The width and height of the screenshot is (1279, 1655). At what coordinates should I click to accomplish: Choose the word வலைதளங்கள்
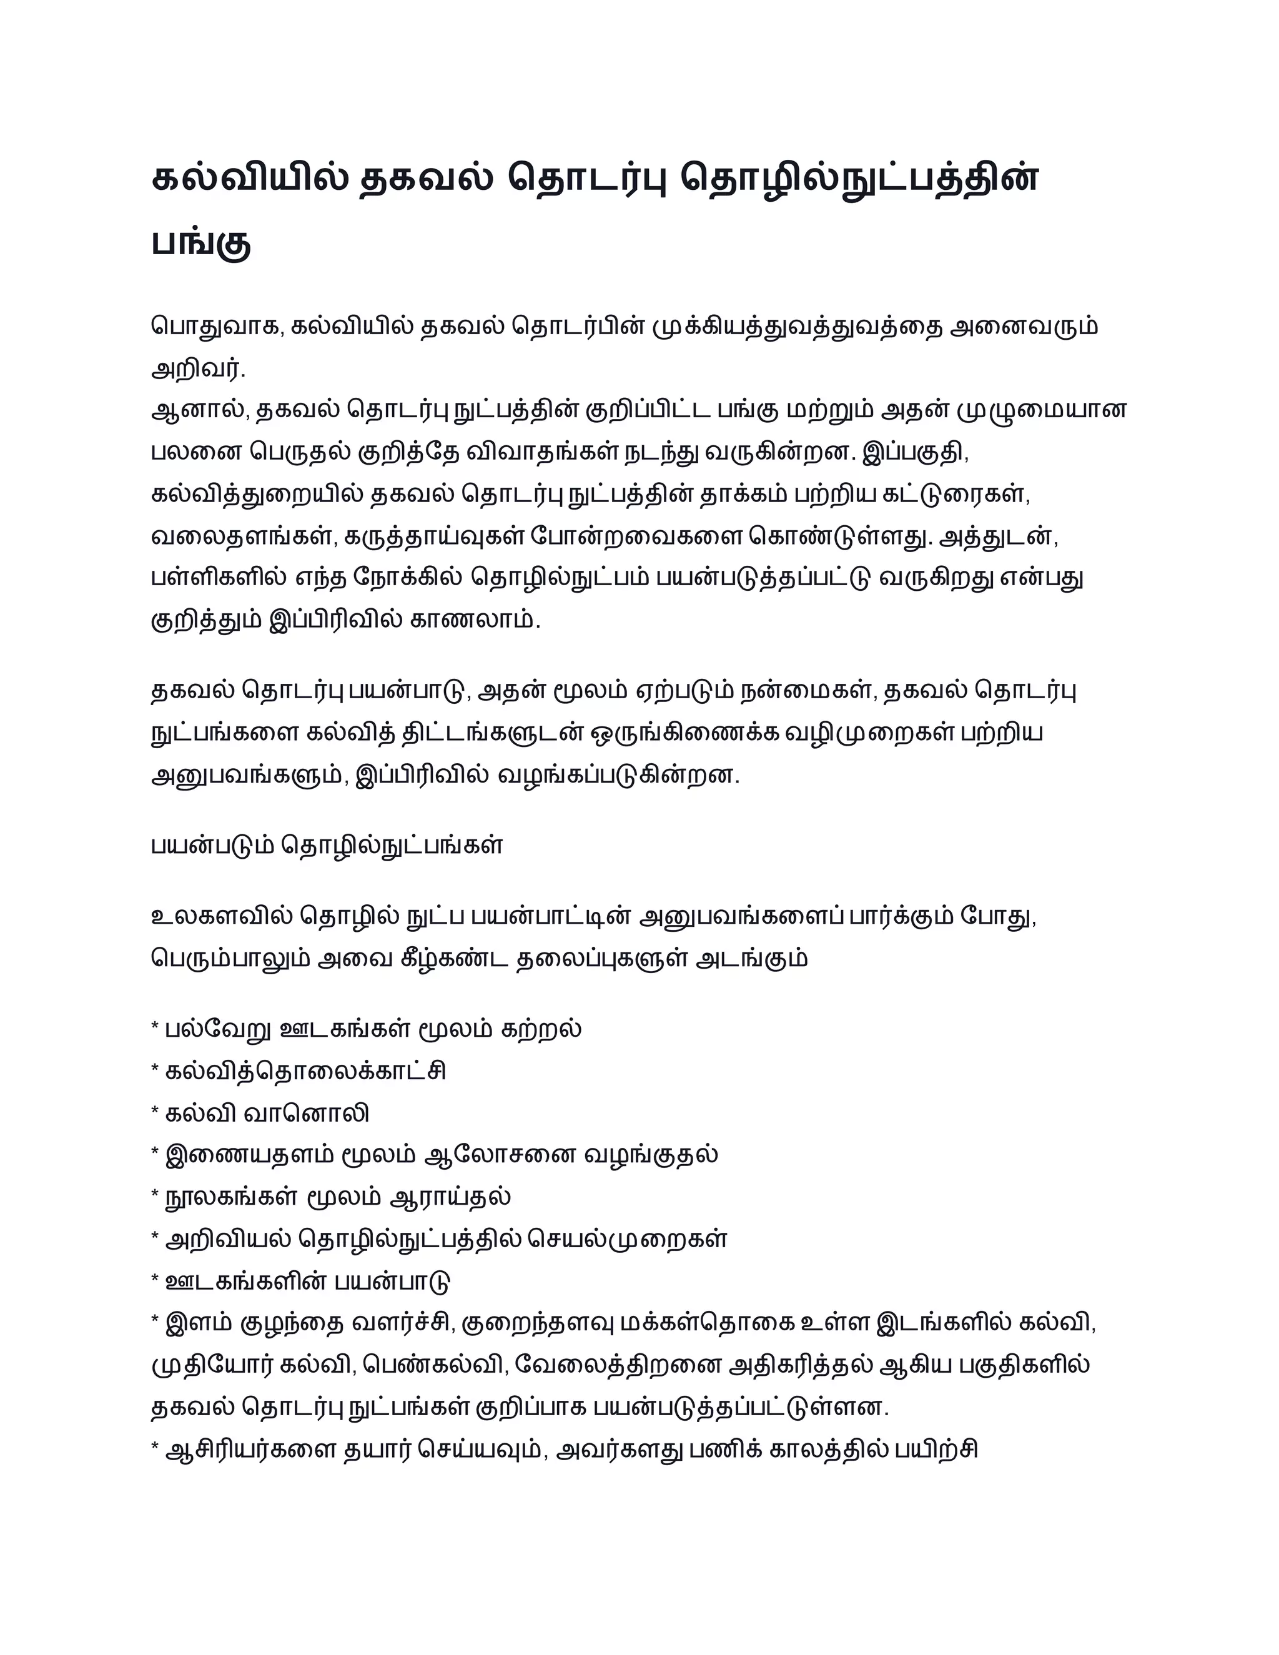(x=242, y=536)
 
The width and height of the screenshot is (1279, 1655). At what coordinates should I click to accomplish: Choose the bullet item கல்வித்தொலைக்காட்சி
(x=305, y=1072)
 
